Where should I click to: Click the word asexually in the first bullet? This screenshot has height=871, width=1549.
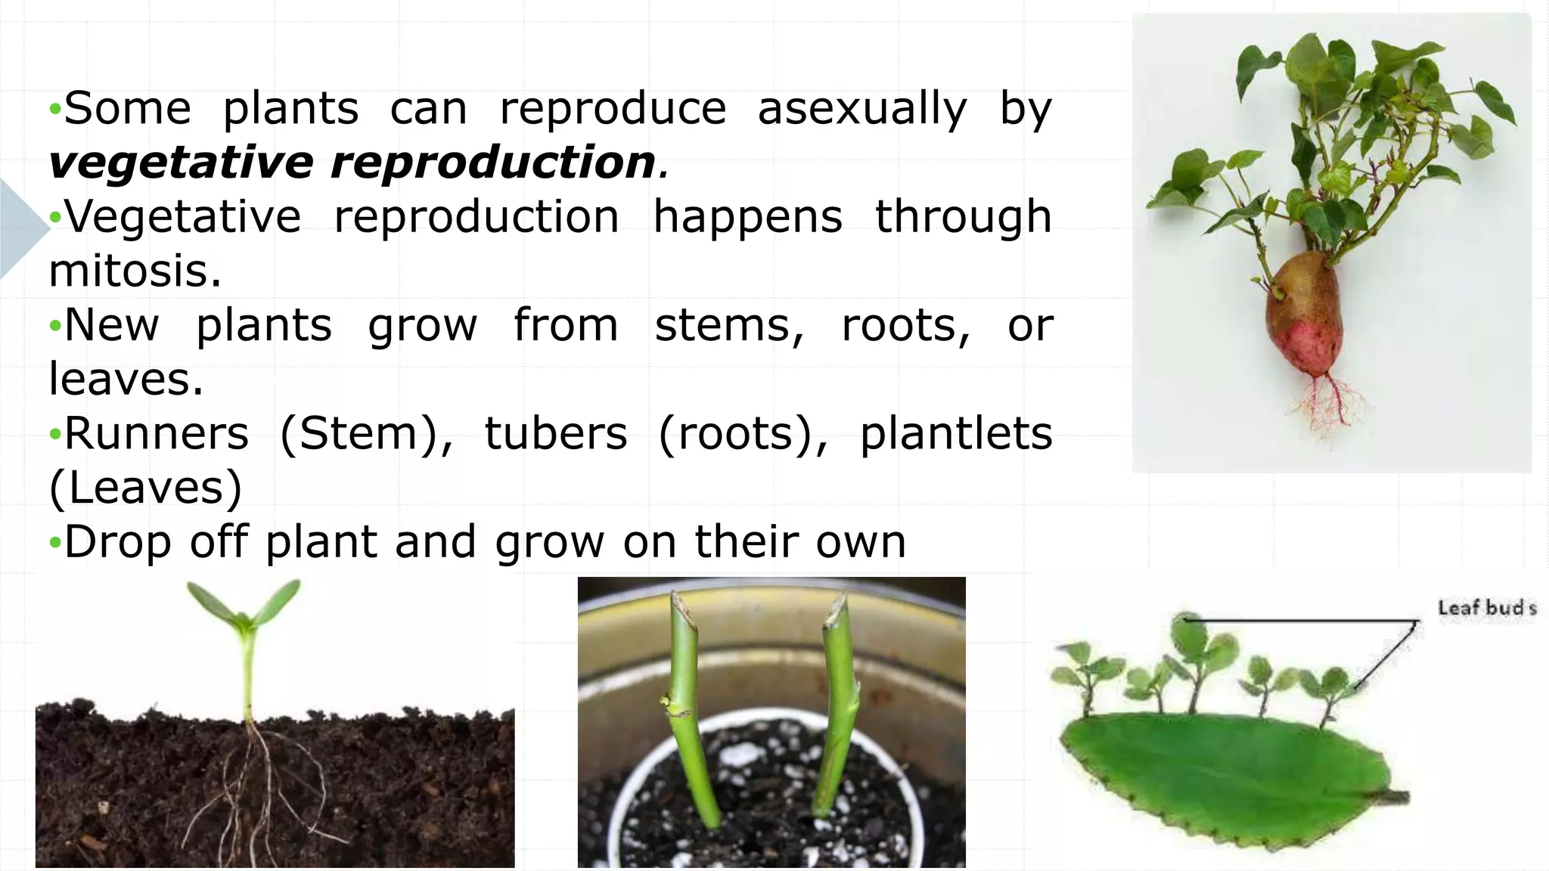click(x=862, y=110)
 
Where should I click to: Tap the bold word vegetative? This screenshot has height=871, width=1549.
click(x=180, y=163)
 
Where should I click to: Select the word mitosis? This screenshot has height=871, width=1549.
click(x=135, y=271)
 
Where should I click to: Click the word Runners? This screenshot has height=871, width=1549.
click(x=157, y=434)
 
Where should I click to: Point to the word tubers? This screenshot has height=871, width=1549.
click(x=556, y=434)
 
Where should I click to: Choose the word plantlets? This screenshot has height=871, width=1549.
click(x=956, y=434)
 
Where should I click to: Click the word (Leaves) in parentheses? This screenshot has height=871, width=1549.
click(x=145, y=488)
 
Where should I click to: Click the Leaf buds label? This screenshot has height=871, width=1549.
click(x=1486, y=608)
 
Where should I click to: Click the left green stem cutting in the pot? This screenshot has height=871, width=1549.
click(x=688, y=711)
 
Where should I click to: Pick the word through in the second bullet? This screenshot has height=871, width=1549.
click(x=963, y=218)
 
